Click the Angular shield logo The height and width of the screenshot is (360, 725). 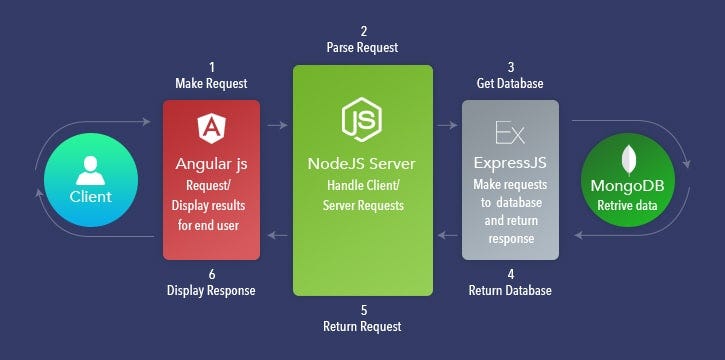[x=210, y=126]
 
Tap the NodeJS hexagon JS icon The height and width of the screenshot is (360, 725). [x=362, y=119]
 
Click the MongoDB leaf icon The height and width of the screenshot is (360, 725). [x=630, y=160]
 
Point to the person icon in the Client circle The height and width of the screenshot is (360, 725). [x=89, y=167]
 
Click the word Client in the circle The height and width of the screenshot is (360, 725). [x=90, y=196]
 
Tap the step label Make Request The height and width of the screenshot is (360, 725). [x=211, y=84]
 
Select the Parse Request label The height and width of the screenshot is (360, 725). [x=362, y=47]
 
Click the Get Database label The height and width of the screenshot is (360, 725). [x=510, y=84]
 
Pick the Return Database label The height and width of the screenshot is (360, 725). [x=510, y=291]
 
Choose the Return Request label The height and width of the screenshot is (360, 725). [x=362, y=327]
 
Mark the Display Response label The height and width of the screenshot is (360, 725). [x=211, y=291]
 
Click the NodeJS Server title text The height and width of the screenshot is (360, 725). [x=362, y=163]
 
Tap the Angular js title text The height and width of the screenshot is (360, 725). [x=210, y=163]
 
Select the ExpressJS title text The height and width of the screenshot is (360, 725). [x=511, y=162]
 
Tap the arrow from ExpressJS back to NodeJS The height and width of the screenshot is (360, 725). [x=446, y=236]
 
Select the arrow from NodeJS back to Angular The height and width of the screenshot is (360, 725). [x=276, y=236]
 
